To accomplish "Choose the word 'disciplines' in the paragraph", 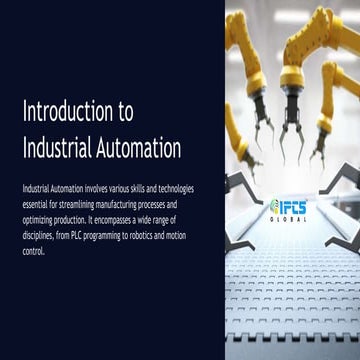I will pyautogui.click(x=38, y=227).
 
